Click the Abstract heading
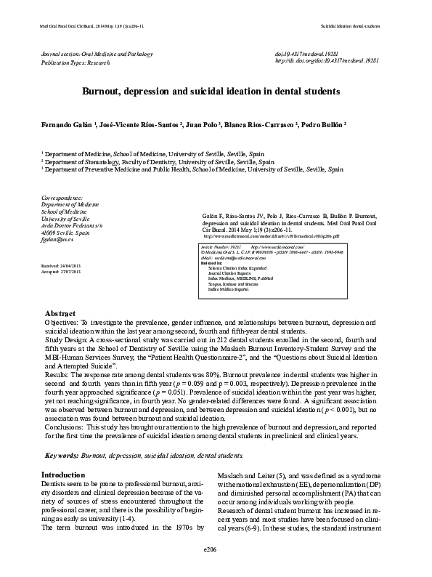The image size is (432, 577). (x=60, y=333)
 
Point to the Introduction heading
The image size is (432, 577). (x=63, y=475)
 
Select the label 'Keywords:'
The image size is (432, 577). (x=62, y=455)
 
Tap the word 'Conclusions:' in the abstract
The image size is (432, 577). (x=65, y=429)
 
